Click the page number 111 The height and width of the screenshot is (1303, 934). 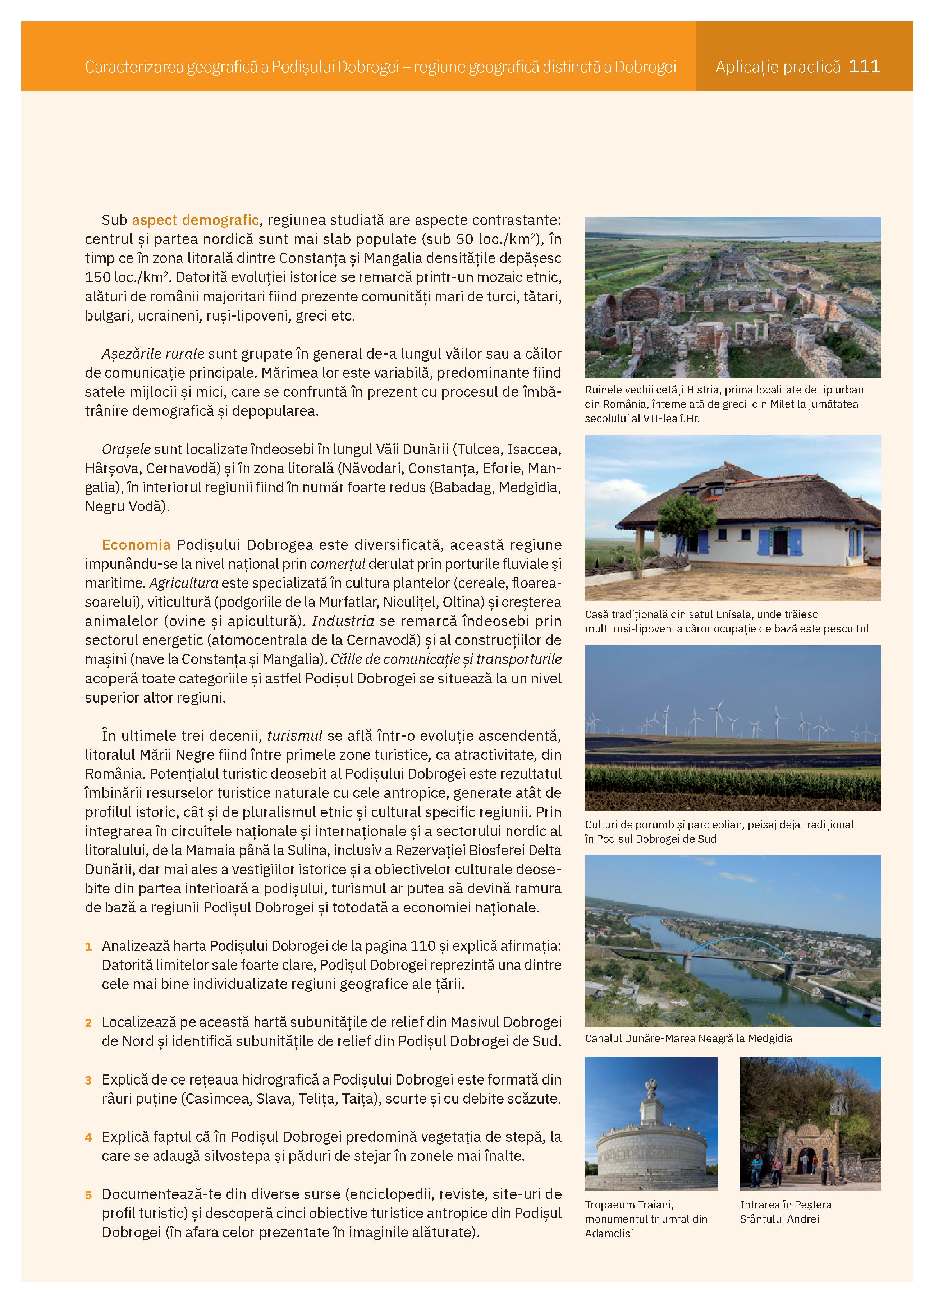click(x=864, y=66)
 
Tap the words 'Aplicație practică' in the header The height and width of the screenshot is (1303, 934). click(x=778, y=67)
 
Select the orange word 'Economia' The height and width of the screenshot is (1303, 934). click(x=136, y=545)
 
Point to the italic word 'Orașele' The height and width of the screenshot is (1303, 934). click(x=126, y=449)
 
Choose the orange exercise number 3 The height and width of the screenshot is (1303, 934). click(x=88, y=1080)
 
